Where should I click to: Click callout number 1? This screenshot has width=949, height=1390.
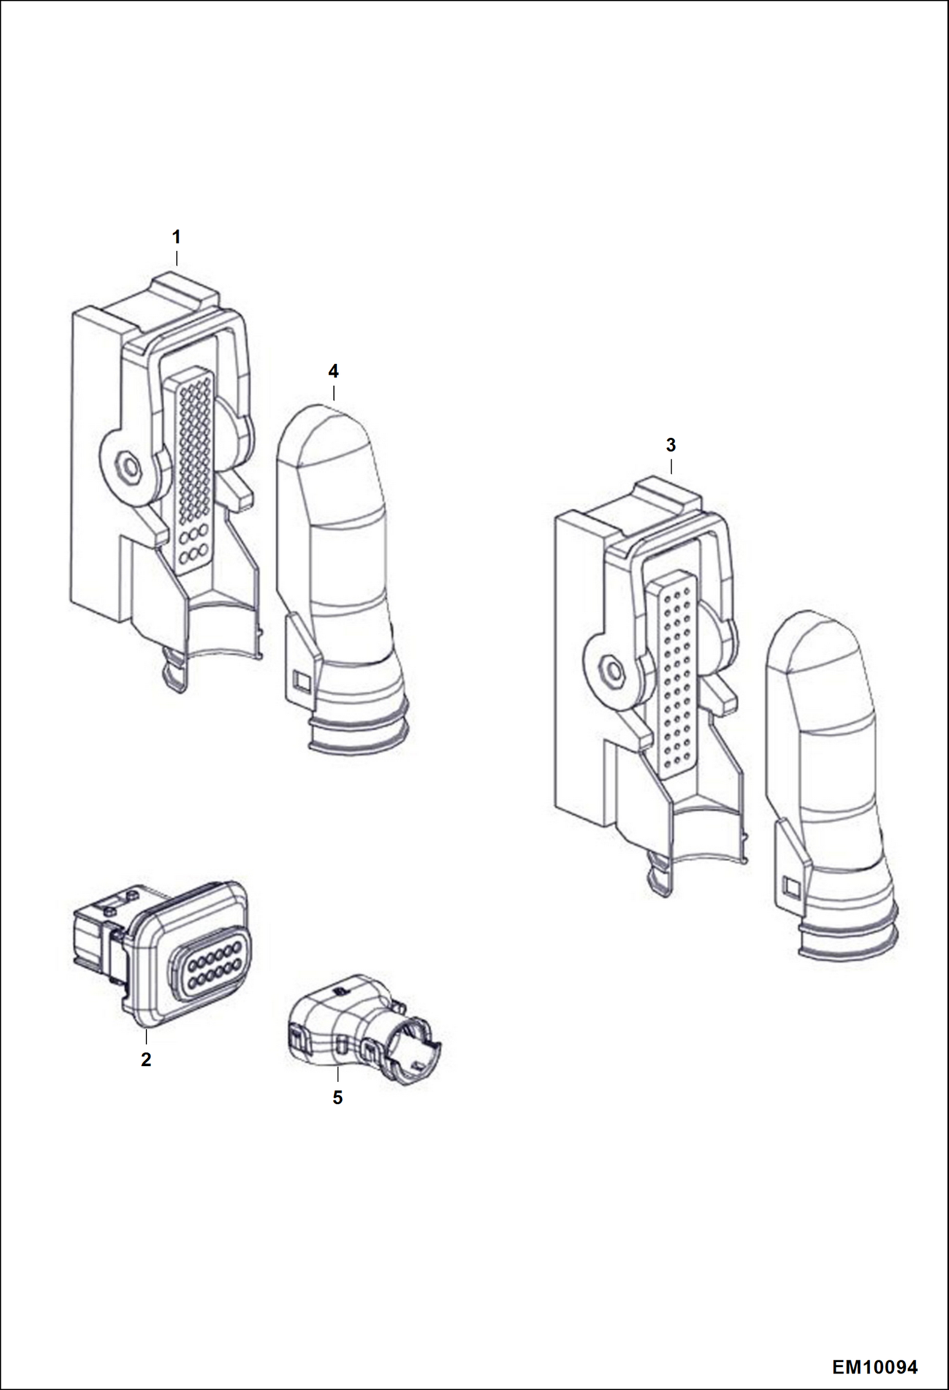tap(176, 238)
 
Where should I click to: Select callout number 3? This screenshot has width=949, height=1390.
tap(671, 445)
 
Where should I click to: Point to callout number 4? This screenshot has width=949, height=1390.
tap(333, 371)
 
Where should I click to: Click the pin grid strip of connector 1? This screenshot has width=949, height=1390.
tap(193, 469)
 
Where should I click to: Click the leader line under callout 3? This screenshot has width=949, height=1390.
tap(671, 467)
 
